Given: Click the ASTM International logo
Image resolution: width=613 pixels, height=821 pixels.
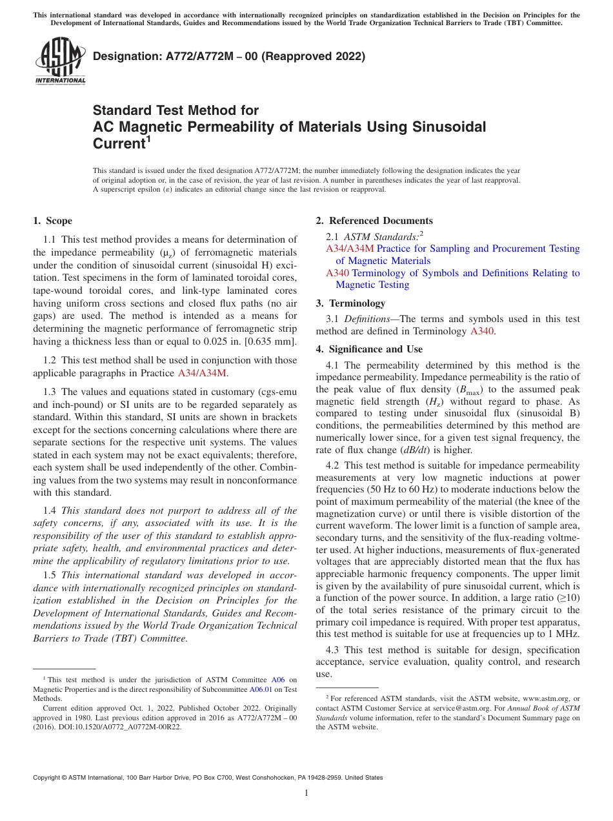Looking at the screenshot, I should (59, 61).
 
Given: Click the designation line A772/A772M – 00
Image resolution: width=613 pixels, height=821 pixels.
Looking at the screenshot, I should (229, 56).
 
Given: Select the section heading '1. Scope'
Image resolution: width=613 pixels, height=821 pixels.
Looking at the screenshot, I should (52, 221).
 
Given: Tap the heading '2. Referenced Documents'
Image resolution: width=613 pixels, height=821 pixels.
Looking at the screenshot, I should (374, 221).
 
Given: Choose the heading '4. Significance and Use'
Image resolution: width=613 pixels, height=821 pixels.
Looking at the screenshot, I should (369, 349).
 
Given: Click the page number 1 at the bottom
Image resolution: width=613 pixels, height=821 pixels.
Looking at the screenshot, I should (306, 793).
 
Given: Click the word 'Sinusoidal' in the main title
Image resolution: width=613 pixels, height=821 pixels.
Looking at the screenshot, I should (442, 127).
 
